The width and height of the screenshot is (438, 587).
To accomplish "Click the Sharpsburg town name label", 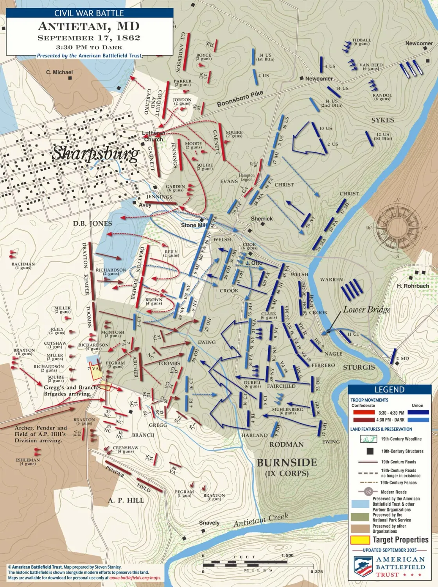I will (x=96, y=154).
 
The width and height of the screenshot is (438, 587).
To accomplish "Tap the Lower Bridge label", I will (x=367, y=310).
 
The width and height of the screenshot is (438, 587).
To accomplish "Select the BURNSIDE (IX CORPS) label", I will (x=287, y=467).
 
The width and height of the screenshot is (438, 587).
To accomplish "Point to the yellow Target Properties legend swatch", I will (x=360, y=540).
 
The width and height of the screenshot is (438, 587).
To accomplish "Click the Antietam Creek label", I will (x=261, y=520).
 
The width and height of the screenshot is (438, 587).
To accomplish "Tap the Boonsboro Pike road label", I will (x=240, y=99).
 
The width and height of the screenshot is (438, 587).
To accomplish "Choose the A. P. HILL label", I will (x=126, y=500).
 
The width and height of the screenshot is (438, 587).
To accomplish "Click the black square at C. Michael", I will (x=70, y=78).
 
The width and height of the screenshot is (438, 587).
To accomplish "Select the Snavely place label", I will (x=209, y=523).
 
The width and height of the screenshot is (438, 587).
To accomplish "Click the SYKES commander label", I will (x=382, y=120).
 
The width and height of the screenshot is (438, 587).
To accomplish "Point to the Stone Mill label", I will (x=194, y=225).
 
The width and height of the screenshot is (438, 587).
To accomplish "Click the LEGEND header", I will (x=389, y=389).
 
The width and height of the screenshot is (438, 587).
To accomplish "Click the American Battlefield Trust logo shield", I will (x=363, y=566).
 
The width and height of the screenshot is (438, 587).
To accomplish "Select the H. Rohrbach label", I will (x=413, y=286).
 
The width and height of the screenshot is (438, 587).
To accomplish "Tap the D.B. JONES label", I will (x=92, y=224).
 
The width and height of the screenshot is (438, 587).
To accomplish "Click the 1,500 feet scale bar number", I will (x=287, y=555).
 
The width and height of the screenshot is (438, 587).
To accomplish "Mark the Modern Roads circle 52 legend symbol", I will (x=368, y=492).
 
